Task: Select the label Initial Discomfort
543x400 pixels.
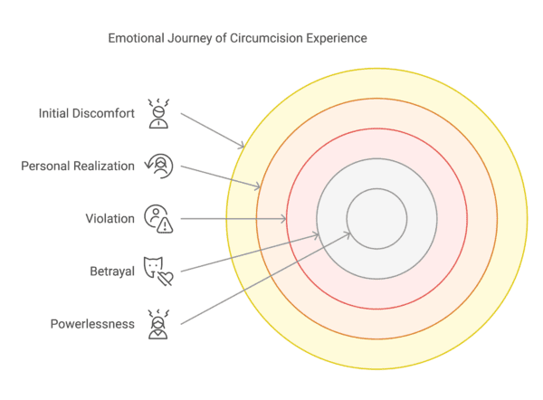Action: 86,113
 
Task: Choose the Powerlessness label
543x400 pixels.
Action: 92,323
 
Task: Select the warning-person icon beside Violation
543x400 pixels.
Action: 158,218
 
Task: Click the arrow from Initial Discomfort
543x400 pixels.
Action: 213,130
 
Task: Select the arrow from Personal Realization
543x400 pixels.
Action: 221,177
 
